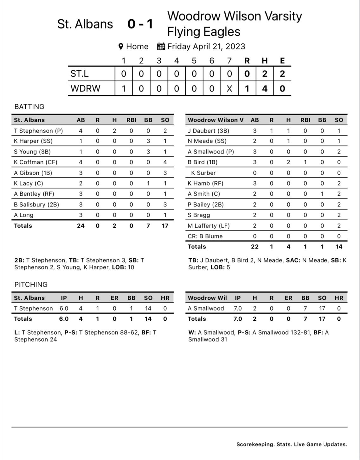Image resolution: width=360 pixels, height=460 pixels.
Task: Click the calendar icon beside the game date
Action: (161, 47)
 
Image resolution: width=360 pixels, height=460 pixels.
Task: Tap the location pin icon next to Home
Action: (121, 47)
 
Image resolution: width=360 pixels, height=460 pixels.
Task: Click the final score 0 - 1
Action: (140, 24)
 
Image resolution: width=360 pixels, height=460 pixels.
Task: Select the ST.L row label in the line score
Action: (80, 74)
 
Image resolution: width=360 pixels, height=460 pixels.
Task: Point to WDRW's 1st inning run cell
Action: (124, 88)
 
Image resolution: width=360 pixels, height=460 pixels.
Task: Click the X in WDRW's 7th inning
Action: (229, 88)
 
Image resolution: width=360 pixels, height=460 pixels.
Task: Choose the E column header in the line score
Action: (282, 60)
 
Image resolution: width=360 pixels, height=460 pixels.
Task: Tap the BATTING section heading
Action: (29, 107)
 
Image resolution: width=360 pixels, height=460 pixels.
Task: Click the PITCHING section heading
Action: (31, 284)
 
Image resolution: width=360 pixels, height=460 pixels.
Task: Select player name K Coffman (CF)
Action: (33, 162)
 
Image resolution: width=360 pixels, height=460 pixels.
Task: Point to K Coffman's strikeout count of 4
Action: (165, 162)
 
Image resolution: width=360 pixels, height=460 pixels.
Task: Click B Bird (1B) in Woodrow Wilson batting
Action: (202, 162)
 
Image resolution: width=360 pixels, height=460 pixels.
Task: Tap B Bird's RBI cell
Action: (305, 162)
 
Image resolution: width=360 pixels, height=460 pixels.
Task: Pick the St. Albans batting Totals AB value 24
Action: (81, 226)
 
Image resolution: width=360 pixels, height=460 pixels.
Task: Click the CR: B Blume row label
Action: (205, 236)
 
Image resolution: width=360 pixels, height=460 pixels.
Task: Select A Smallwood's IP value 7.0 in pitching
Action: (238, 308)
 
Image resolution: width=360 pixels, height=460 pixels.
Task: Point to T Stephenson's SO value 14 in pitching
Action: (148, 308)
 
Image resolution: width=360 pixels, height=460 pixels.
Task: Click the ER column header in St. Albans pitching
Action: (114, 298)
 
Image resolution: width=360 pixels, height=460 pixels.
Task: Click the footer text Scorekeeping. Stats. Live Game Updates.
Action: (292, 444)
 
